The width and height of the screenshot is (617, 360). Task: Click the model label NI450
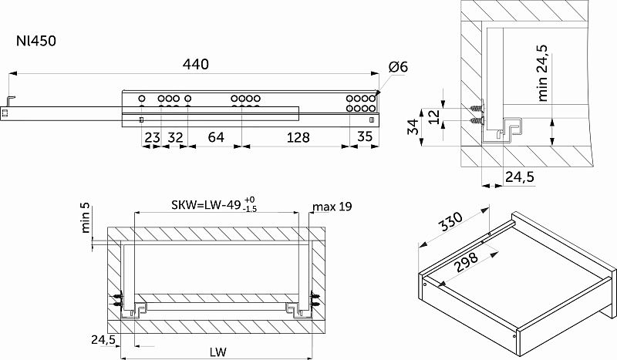[36, 42]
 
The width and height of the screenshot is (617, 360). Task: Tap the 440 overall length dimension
[196, 64]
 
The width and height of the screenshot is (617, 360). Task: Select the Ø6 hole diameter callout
[398, 67]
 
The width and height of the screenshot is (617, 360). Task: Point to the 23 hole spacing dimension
[152, 138]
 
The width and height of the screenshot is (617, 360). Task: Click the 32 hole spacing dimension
[176, 137]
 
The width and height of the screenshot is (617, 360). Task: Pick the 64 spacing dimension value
[216, 137]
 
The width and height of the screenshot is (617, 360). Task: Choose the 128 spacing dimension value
[298, 137]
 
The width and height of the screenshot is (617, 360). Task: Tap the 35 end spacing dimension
[365, 136]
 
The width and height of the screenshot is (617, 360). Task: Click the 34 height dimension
[413, 127]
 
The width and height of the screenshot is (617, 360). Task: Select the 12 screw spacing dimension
[433, 117]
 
